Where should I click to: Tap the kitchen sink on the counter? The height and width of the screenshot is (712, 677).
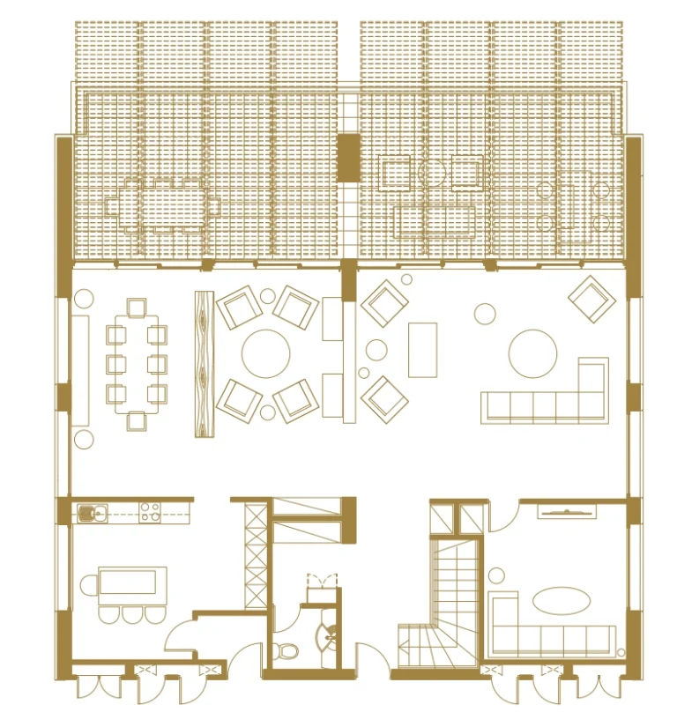[x=89, y=511]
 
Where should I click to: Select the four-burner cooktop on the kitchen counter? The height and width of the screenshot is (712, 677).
[x=149, y=511]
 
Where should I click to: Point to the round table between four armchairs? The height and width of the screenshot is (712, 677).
[x=266, y=353]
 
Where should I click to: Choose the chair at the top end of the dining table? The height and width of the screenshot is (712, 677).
[x=137, y=308]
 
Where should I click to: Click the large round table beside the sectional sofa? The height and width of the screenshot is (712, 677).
[x=534, y=353]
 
